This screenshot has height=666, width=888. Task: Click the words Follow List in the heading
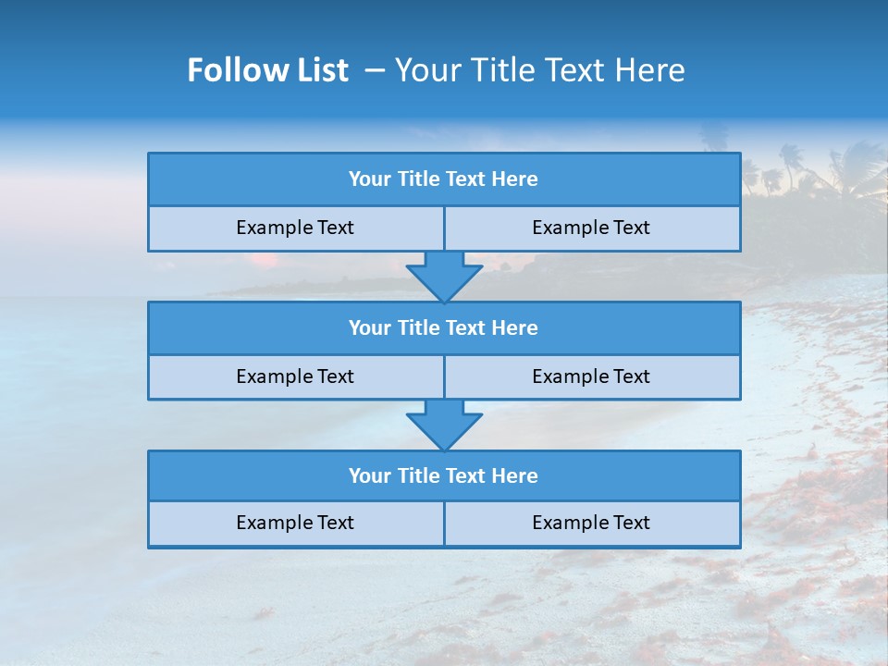coord(267,70)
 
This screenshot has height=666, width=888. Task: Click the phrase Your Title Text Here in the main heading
coord(539,70)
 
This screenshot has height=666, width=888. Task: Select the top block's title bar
coord(444,179)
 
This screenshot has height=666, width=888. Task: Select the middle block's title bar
coord(444,328)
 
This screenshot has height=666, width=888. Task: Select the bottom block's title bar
coord(444,476)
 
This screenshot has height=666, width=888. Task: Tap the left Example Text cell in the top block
coord(295,228)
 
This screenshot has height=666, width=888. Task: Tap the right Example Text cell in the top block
coord(591,228)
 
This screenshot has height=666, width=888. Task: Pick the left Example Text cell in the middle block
coord(295,376)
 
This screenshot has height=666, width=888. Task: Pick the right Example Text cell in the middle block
coord(591,376)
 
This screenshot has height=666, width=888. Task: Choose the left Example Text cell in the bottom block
coord(295,523)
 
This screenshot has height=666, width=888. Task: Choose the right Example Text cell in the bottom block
coord(591,523)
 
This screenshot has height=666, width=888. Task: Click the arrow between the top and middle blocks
coord(444,277)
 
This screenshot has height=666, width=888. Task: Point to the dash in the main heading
coord(375,70)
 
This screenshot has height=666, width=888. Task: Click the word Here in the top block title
coord(515,179)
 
